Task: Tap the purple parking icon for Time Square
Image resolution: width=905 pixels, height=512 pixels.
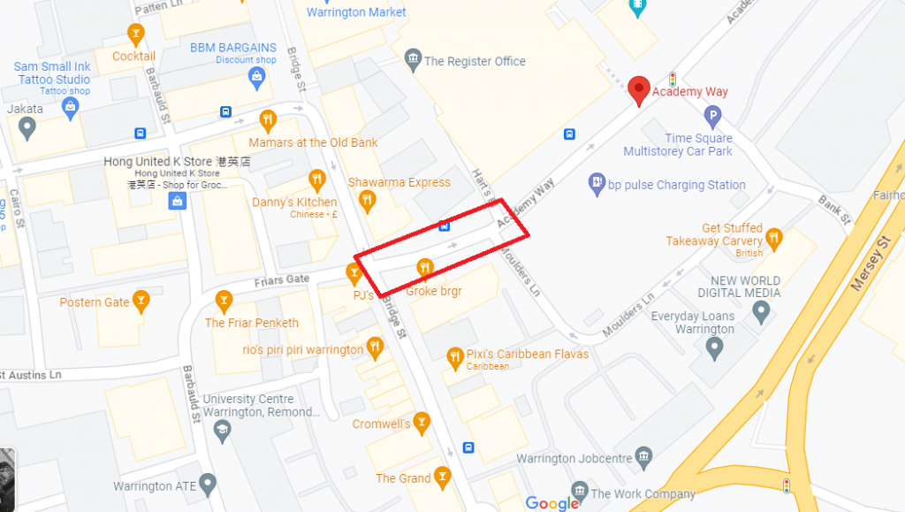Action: click(x=713, y=115)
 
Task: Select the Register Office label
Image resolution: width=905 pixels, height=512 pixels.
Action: click(x=475, y=61)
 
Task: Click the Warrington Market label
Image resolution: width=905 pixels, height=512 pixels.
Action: click(x=356, y=12)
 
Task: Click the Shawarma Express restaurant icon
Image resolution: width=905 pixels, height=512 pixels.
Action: click(x=367, y=202)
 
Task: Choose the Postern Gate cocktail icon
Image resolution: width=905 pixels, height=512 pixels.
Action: click(x=141, y=302)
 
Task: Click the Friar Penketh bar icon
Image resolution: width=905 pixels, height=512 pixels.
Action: click(x=224, y=302)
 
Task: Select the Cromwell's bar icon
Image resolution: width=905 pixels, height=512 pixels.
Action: click(x=422, y=424)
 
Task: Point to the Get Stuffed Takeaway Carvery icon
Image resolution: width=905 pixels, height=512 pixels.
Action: click(x=774, y=237)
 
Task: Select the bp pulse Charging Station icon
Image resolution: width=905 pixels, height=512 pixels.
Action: click(x=597, y=185)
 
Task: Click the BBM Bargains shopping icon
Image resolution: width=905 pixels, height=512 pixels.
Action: click(x=257, y=78)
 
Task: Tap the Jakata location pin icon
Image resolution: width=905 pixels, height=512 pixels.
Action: click(x=27, y=129)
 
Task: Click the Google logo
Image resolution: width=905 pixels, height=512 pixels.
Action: click(x=551, y=503)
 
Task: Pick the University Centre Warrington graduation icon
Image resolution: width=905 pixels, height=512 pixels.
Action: click(x=222, y=431)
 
